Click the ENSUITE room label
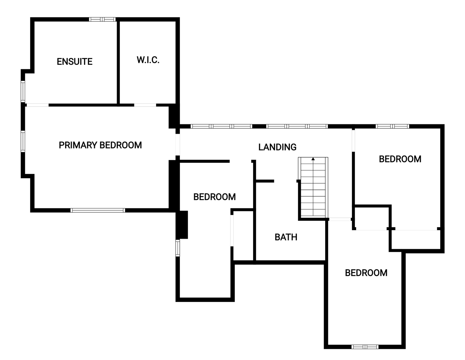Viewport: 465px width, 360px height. pos(74,62)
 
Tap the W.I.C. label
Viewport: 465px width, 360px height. pos(148,60)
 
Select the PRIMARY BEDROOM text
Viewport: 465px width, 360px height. pos(100,145)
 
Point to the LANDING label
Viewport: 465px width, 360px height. pos(277,147)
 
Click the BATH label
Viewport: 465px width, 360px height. pos(286,237)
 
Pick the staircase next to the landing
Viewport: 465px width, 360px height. pos(313,188)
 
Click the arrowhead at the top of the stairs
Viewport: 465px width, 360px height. pos(313,159)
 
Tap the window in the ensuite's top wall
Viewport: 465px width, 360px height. pos(102,19)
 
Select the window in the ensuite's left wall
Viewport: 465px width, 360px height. pos(23,91)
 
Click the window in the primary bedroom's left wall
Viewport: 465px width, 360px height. pos(23,141)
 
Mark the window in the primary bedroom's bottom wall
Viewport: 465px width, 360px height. pos(98,210)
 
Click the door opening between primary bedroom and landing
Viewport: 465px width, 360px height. pos(177,145)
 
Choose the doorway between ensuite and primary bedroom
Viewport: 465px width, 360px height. pos(38,105)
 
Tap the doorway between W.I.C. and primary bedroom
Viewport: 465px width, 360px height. pos(145,105)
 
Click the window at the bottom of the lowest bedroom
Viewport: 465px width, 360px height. pos(365,347)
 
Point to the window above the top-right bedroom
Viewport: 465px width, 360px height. pos(393,126)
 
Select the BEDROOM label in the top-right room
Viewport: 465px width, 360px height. pos(400,159)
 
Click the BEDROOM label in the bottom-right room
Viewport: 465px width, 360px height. pos(366,273)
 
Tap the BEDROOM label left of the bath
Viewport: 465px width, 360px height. pos(214,197)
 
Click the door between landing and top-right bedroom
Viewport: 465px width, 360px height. pos(353,141)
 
